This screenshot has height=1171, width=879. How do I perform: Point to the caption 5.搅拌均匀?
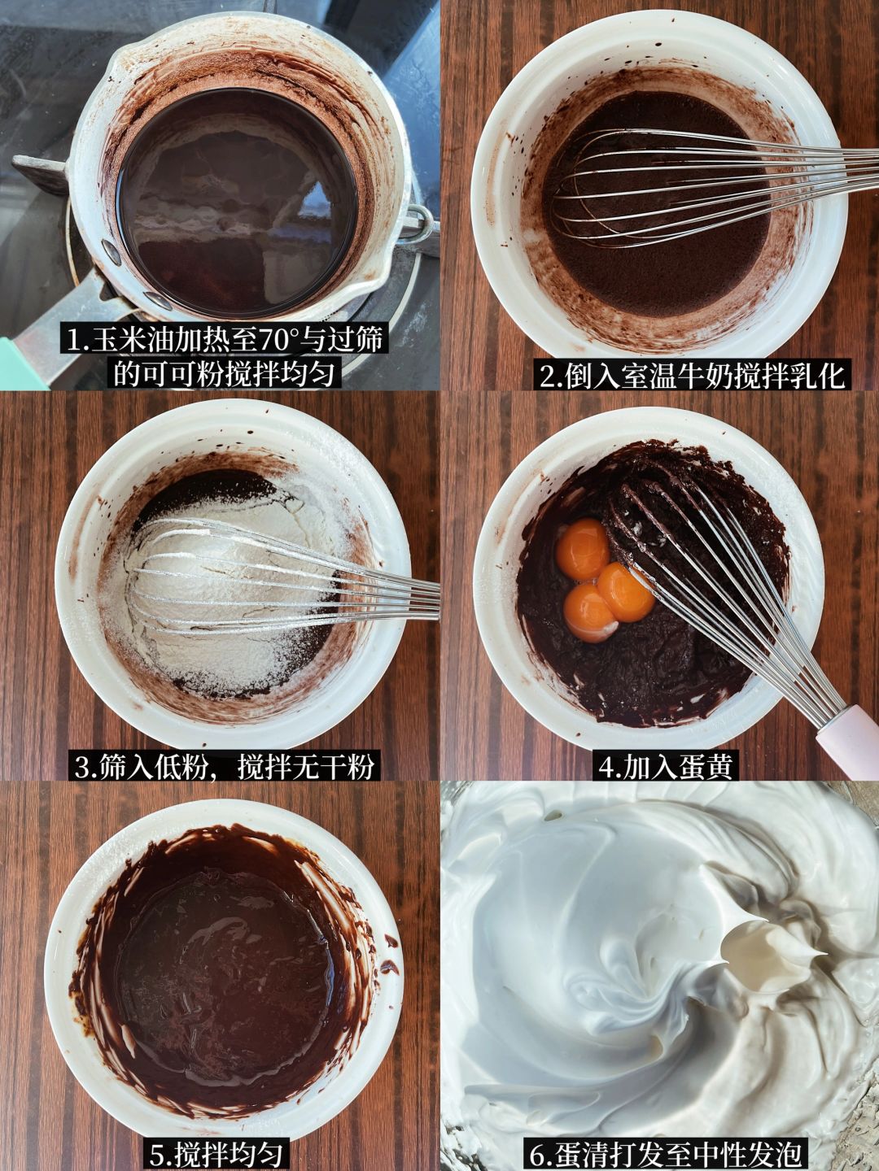point(216,1155)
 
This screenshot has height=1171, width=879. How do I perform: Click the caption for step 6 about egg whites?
point(663,1155)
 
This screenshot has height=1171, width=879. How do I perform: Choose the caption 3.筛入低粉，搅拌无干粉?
point(224,766)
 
